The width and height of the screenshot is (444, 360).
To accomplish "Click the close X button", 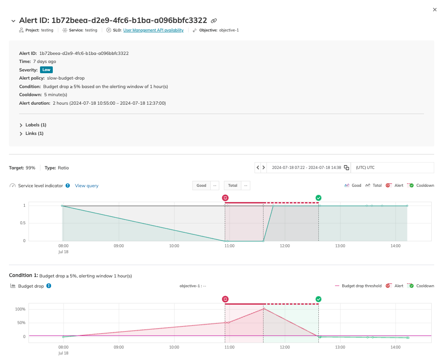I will coord(435,9).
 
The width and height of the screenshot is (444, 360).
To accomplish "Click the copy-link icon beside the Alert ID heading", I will coord(214,20).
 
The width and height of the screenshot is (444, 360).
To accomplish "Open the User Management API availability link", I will coord(153,30).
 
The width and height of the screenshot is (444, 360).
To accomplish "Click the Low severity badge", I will coord(46,70).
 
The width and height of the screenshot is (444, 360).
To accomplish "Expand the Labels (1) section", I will coord(21,125).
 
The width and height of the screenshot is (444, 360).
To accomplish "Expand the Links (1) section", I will coord(21,134).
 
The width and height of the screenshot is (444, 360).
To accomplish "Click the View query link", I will coord(86,186).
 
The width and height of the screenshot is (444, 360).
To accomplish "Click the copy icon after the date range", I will coord(347,168).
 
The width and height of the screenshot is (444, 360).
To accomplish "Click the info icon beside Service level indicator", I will coord(68,186).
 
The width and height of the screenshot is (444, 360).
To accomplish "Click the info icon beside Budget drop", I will coord(49,286).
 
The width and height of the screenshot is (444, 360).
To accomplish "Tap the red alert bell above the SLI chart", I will coord(225,198).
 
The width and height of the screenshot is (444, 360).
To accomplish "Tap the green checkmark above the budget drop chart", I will coord(318,299).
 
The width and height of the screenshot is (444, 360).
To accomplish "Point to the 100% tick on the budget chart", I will coord(20,309).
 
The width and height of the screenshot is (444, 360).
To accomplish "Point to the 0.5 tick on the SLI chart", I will coord(21,223).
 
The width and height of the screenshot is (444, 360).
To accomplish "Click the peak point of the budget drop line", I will coord(264,309).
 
